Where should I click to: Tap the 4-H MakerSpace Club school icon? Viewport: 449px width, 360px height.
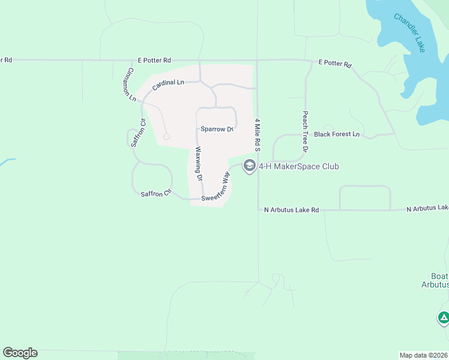point(250,166)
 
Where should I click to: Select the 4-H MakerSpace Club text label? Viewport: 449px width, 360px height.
point(299,166)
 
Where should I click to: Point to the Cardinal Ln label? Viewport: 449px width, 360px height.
point(167,85)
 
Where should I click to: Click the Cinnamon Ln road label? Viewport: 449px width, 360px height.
point(128,85)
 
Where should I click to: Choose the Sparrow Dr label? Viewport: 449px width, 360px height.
point(217,129)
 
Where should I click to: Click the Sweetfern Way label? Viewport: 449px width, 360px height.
point(216,187)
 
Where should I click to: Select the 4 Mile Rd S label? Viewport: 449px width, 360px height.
point(257,134)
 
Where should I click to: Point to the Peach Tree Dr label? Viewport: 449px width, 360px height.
point(305,131)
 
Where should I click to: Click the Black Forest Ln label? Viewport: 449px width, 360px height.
point(337,134)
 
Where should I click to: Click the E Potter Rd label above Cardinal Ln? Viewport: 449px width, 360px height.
point(154,60)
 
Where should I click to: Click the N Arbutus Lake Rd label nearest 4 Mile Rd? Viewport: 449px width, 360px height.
point(292,210)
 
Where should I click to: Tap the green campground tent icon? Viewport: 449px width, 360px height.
point(443,317)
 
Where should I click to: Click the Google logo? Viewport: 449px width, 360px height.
point(20,353)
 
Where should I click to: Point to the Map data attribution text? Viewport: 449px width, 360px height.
point(423,355)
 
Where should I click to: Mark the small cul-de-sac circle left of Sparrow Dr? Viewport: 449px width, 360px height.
point(166,137)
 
